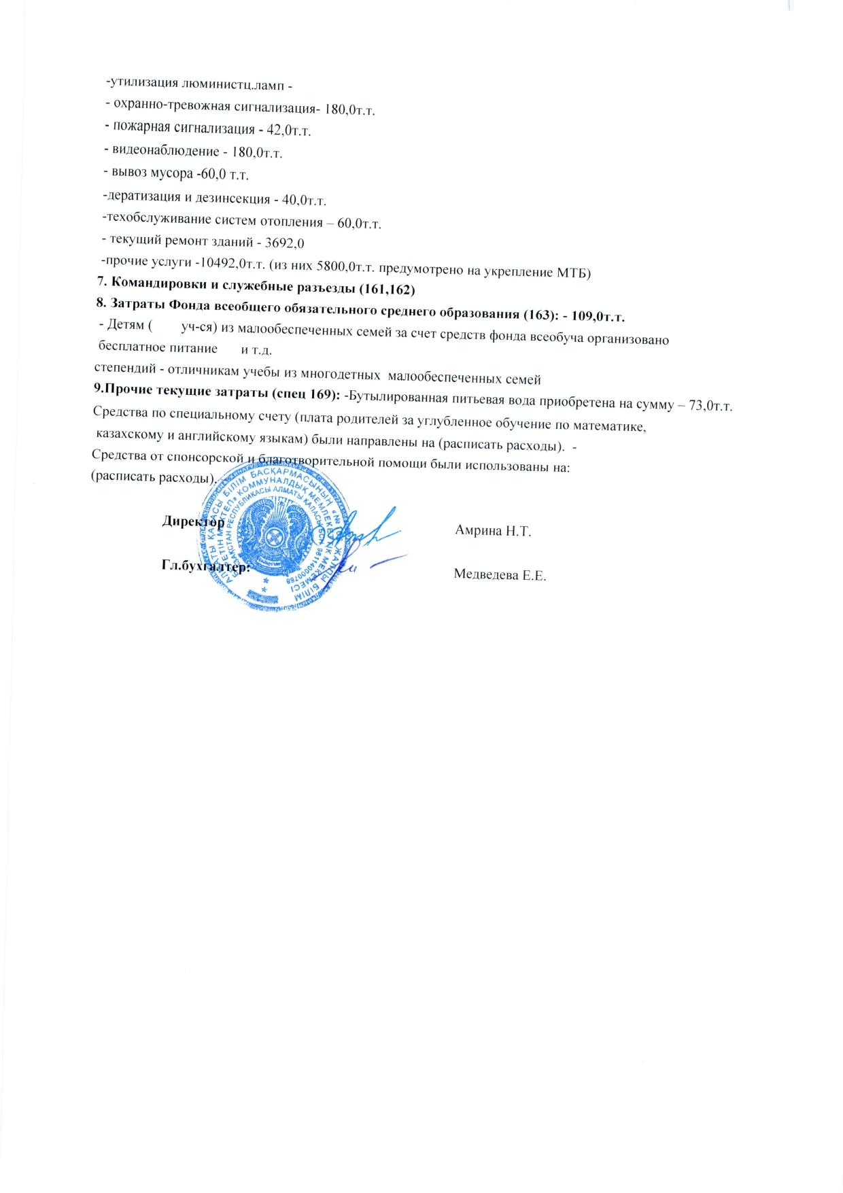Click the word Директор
point(192,522)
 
